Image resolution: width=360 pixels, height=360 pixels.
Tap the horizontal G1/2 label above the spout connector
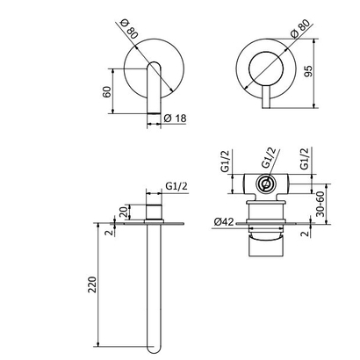(x=176, y=186)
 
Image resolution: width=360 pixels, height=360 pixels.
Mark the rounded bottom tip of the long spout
(x=156, y=344)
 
